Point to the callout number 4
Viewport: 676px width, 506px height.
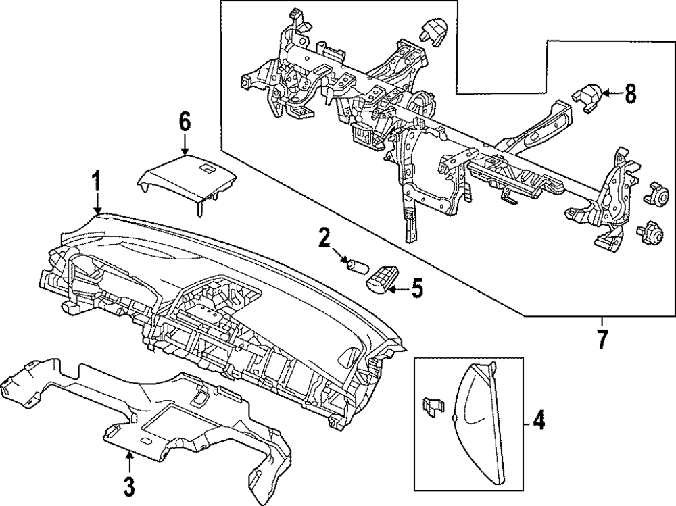538,422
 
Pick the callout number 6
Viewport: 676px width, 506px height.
185,122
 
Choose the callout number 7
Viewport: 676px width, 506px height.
600,338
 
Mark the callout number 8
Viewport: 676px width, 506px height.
630,94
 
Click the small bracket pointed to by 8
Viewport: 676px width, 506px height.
586,95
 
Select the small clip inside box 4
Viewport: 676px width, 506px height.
431,405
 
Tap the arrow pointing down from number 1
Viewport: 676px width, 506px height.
97,203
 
